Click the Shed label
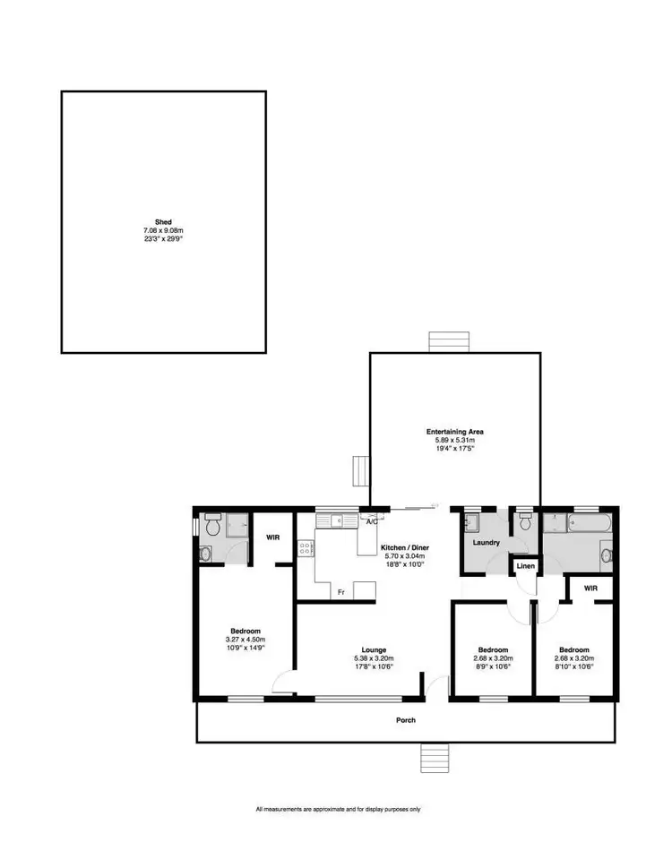[x=162, y=221]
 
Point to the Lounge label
[x=375, y=649]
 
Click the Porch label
[x=407, y=719]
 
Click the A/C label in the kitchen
[x=370, y=519]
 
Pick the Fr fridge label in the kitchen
[x=341, y=592]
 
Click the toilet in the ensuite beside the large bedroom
[x=211, y=528]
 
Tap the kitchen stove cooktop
[x=306, y=547]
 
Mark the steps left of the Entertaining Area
[x=362, y=469]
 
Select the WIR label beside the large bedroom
[x=274, y=537]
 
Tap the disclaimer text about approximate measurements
[x=338, y=809]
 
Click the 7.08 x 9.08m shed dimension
[x=162, y=230]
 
